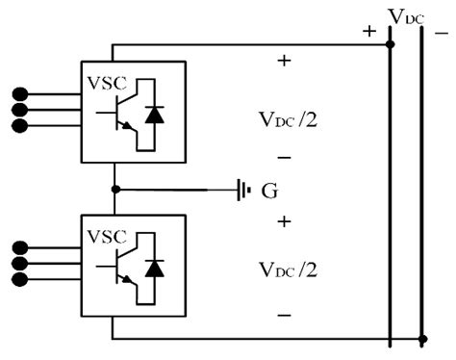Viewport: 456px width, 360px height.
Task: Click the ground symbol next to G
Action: click(242, 190)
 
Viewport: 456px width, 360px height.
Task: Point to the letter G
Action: click(270, 191)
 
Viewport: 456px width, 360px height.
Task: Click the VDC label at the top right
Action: click(405, 15)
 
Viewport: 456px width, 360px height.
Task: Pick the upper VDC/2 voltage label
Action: click(284, 120)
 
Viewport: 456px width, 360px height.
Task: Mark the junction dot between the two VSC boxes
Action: click(115, 190)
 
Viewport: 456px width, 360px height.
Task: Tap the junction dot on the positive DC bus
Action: click(391, 43)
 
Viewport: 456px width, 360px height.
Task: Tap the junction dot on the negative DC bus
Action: click(423, 339)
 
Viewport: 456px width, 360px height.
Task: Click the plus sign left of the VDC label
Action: click(368, 30)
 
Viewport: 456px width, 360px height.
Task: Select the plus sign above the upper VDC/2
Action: click(284, 61)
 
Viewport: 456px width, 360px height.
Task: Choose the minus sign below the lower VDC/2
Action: click(284, 315)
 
